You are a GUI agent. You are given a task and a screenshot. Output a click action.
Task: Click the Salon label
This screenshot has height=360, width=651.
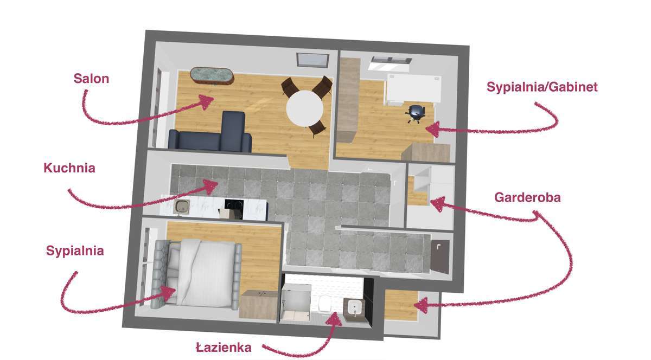[x=91, y=79]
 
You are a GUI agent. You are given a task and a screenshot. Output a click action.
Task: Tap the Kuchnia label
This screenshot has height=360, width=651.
[x=69, y=168]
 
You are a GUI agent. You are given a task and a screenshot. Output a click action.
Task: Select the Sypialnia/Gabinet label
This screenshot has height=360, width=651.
[x=542, y=87]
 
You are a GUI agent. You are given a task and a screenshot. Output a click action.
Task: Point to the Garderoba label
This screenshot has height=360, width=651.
[x=527, y=197]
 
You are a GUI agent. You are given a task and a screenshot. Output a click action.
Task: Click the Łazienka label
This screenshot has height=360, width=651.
[x=224, y=348]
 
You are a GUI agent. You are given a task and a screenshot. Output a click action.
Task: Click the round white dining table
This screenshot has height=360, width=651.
[x=304, y=108]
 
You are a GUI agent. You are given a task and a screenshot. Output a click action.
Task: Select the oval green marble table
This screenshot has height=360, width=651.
[x=212, y=76]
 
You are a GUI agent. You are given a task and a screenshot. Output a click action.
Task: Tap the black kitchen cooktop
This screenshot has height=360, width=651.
[x=234, y=205]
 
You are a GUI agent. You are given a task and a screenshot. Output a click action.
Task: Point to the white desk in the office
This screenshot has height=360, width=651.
[x=414, y=88]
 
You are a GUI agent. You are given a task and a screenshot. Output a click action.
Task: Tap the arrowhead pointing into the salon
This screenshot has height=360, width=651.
[x=207, y=101]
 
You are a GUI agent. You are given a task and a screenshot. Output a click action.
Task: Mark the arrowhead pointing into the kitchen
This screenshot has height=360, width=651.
[x=210, y=187]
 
